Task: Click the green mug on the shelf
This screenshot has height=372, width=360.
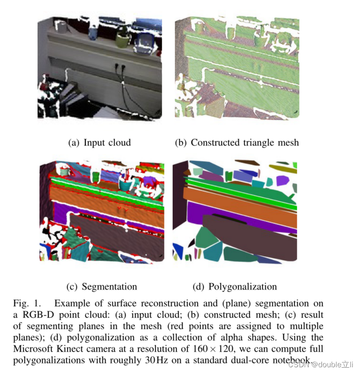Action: [x=122, y=40]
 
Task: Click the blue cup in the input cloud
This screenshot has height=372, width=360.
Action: [x=93, y=32]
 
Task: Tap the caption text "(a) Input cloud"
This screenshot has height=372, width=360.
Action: [x=99, y=142]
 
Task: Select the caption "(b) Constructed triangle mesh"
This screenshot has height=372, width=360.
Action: [x=237, y=142]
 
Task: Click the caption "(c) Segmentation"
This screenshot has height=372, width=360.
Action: [x=102, y=286]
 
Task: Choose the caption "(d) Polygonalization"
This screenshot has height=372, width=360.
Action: [x=234, y=286]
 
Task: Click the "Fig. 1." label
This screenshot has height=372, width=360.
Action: [x=25, y=303]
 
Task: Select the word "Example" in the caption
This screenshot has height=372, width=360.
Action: [x=72, y=303]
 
